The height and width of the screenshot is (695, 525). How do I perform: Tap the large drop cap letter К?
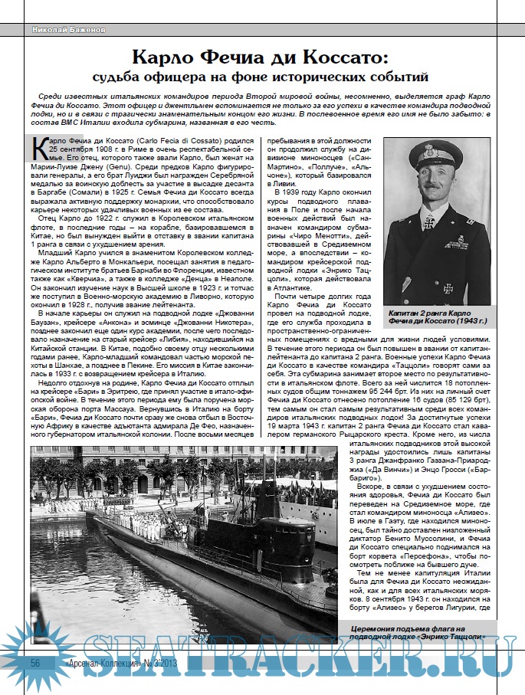[38, 148]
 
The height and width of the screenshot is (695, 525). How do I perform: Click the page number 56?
[36, 661]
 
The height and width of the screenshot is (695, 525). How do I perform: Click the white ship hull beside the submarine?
[322, 490]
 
